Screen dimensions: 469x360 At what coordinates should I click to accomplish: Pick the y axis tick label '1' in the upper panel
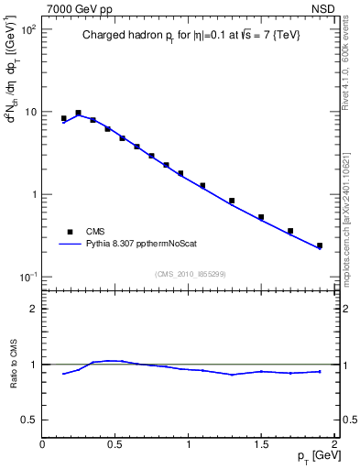pyautogui.click(x=32, y=195)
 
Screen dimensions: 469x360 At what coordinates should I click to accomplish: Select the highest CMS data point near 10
pyautogui.click(x=78, y=113)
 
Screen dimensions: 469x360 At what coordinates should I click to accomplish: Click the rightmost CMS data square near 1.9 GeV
pyautogui.click(x=319, y=245)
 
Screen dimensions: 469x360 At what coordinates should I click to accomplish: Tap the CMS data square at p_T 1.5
pyautogui.click(x=261, y=217)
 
